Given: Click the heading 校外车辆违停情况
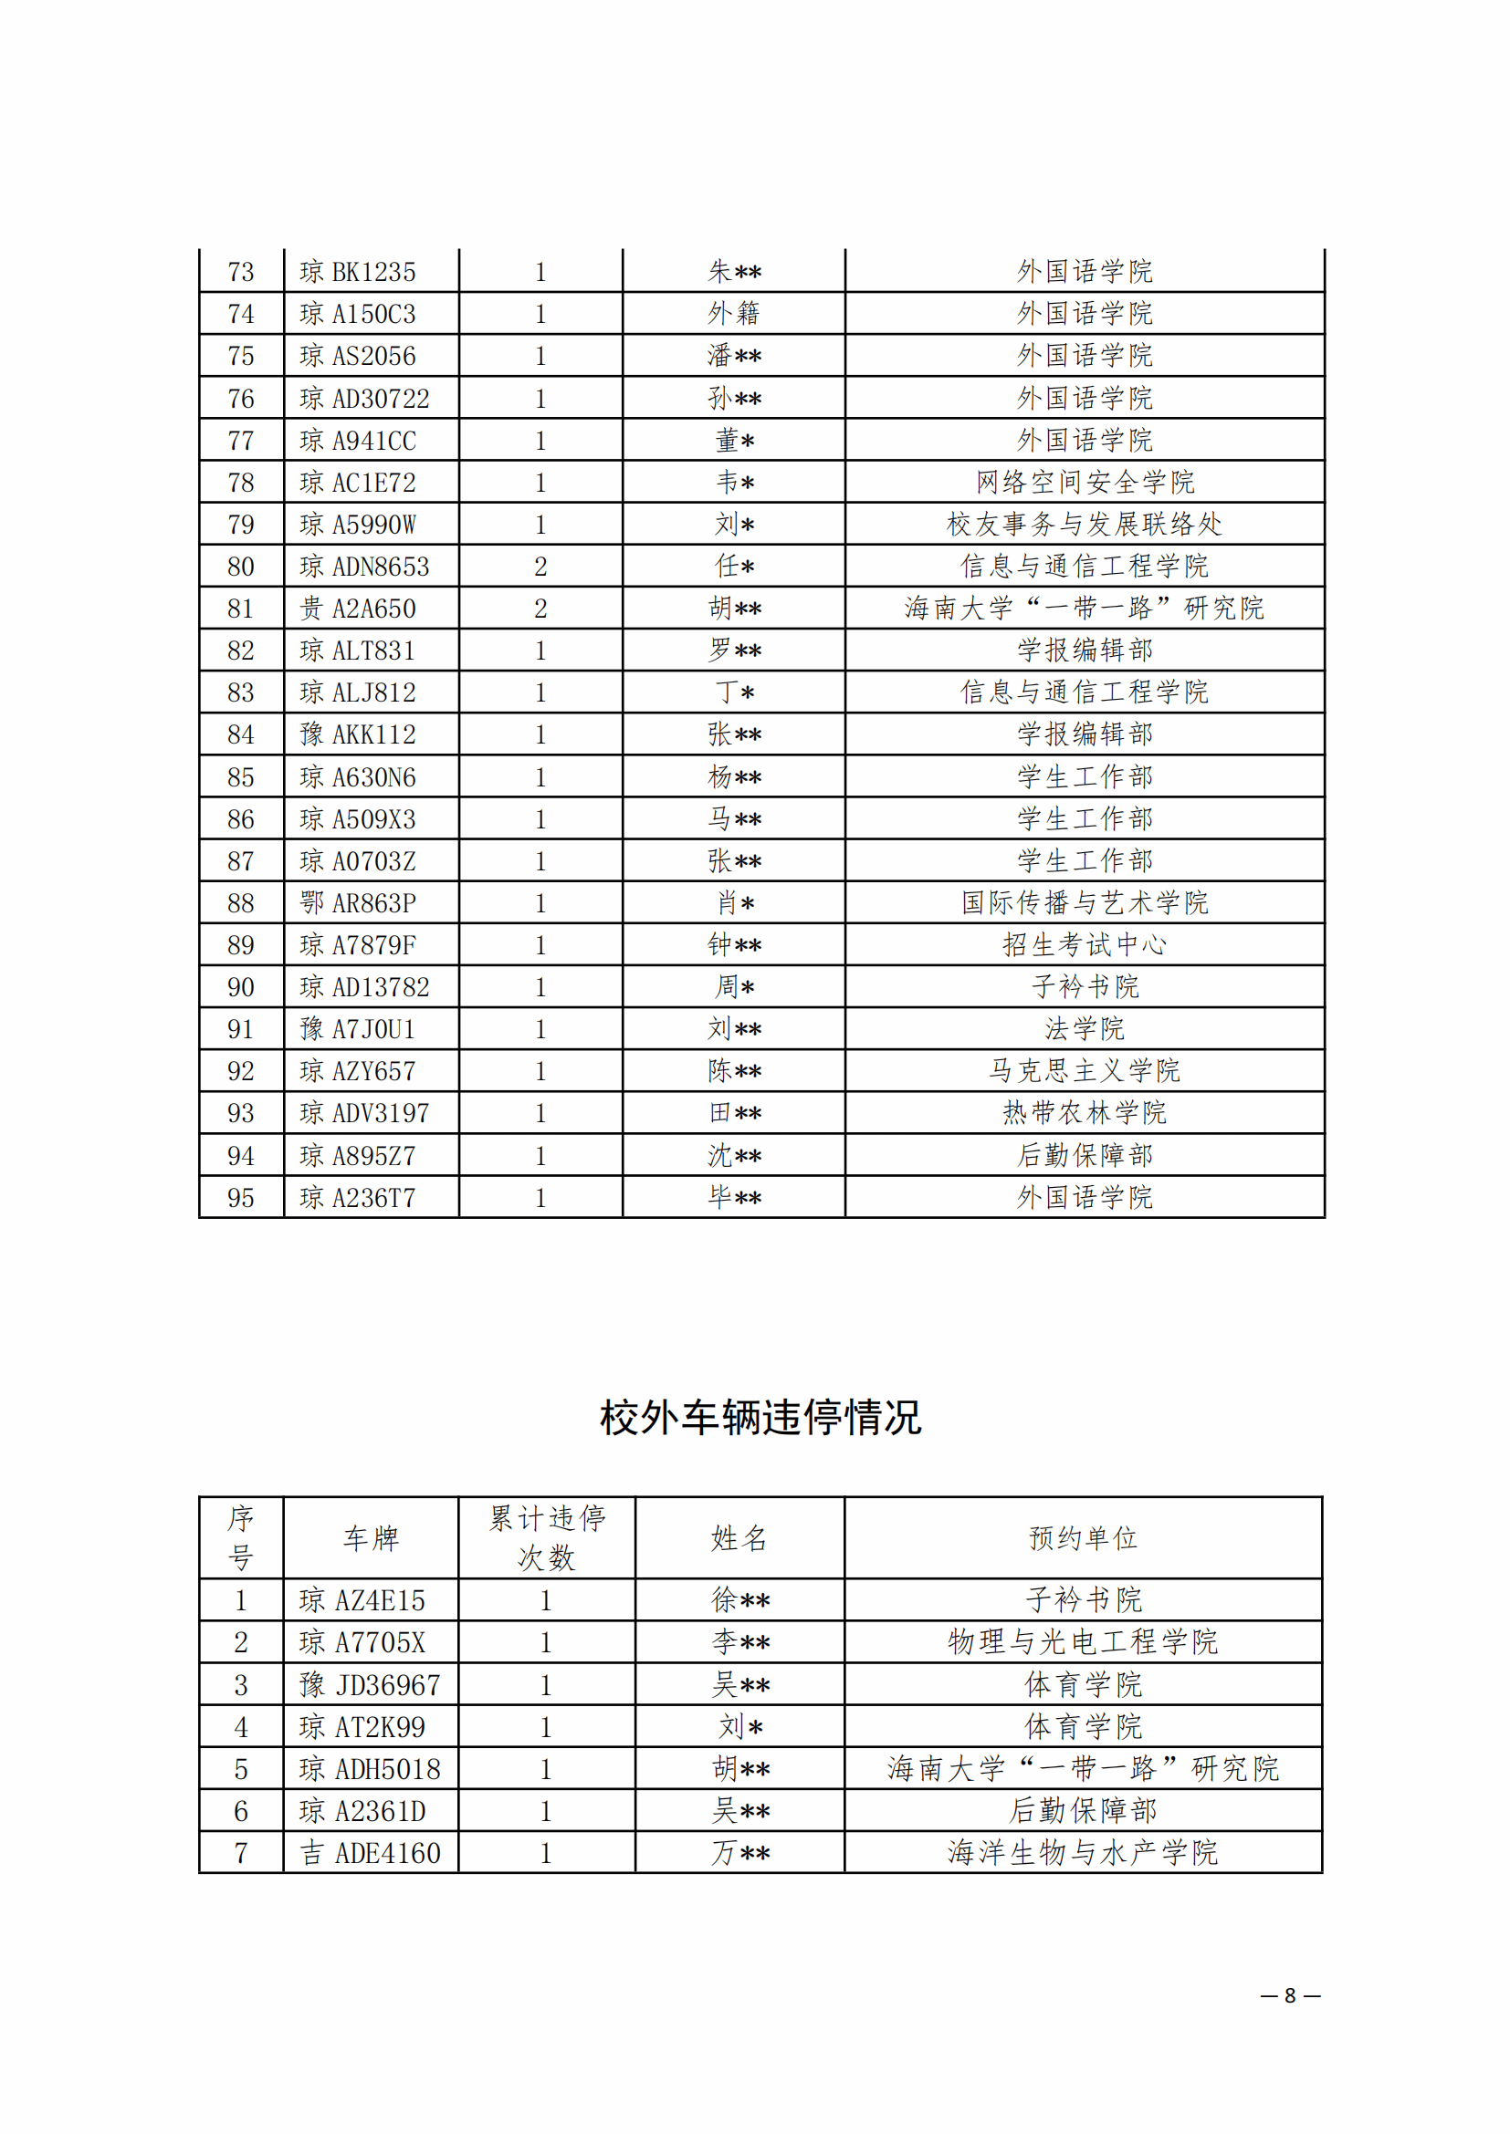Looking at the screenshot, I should coord(760,1418).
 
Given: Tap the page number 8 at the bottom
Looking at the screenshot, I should coord(1290,1995).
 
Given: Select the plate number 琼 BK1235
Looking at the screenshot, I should coord(358,272).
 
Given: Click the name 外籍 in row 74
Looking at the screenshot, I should coord(734,314).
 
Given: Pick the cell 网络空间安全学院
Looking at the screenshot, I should coord(1085,483).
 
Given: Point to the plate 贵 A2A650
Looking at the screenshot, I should coord(358,609).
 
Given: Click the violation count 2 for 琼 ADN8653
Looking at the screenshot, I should coord(540,567).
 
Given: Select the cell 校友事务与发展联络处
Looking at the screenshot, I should coord(1085,525).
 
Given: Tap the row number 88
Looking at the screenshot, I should coord(241,903).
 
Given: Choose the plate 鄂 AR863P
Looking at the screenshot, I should coord(358,903).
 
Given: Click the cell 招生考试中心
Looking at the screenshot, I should coord(1085,945).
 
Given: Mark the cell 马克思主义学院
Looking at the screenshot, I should coord(1085,1071).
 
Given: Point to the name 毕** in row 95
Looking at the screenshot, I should coord(734,1197).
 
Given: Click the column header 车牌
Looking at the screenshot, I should coord(371,1538).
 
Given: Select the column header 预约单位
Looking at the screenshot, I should coord(1084,1538).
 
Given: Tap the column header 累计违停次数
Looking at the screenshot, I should coord(547,1538).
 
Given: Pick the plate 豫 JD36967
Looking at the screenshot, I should coord(370,1685).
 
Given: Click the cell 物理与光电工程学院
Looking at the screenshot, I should coord(1084,1642).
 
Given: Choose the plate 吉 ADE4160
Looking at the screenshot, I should coord(370,1853).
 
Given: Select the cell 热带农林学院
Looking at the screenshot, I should coord(1085,1112).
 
